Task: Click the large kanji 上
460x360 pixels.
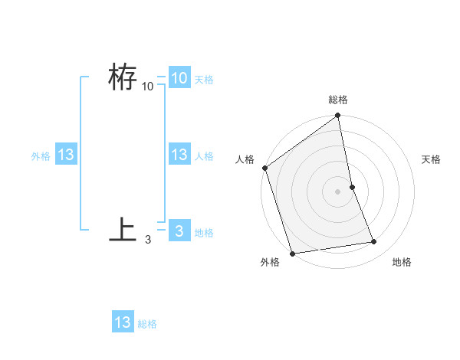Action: (123, 230)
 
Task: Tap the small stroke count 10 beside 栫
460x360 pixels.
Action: (148, 87)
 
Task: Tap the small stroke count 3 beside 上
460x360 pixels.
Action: (148, 240)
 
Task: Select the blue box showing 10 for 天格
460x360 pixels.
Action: (179, 78)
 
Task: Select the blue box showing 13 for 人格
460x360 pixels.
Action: (179, 155)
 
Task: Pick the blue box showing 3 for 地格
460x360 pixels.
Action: (179, 231)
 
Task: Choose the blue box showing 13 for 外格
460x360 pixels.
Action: (66, 155)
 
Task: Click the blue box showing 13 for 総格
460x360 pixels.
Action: (123, 322)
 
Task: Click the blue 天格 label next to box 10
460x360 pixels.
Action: (203, 80)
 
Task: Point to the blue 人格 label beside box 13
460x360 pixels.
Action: (203, 156)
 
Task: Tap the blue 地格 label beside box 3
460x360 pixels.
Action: (203, 233)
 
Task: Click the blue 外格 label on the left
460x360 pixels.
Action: (41, 156)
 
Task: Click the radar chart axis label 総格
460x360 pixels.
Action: (338, 100)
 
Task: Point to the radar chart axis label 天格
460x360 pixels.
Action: (431, 159)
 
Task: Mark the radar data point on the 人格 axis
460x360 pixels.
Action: (264, 168)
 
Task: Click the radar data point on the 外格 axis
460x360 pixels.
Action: (292, 254)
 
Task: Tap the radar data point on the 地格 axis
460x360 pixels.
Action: (374, 242)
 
